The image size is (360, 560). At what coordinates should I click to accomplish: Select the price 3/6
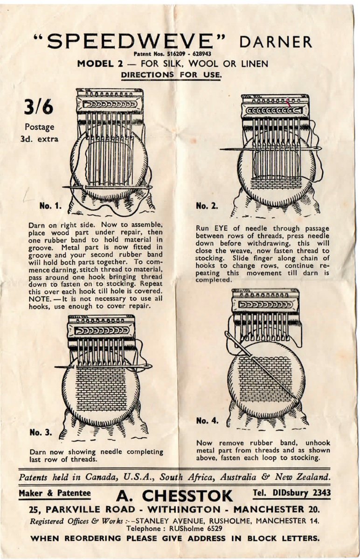39,107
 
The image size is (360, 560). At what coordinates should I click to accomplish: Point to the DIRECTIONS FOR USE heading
171,75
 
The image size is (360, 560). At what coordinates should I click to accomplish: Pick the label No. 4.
207,420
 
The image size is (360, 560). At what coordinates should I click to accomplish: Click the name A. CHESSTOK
174,496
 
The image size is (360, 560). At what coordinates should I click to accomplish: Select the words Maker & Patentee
55,493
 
